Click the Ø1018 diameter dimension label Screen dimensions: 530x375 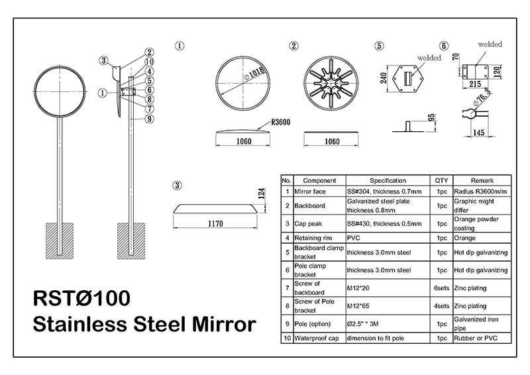tap(254, 73)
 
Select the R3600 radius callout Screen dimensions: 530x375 tap(280, 122)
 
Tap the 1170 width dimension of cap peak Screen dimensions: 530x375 tap(215, 223)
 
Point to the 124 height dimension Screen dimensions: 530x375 tap(261, 193)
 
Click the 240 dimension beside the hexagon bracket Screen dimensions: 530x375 tap(384, 78)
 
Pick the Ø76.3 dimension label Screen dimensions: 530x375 tap(482, 97)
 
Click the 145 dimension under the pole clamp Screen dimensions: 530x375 tap(478, 133)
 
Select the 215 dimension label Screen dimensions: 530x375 tap(475, 84)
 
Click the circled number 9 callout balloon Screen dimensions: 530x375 tap(150, 119)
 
